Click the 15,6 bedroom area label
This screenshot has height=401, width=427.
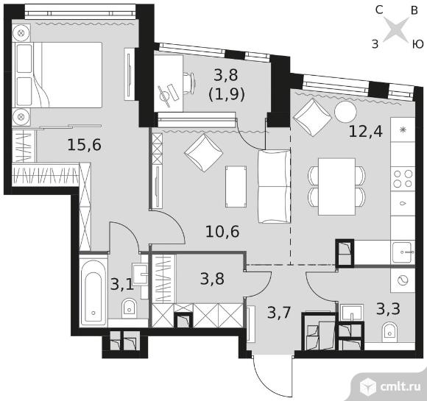[84, 145]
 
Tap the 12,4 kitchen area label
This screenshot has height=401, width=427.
[365, 132]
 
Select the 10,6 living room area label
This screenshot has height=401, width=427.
[222, 232]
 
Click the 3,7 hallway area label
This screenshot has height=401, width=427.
[280, 312]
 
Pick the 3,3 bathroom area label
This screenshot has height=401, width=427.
[388, 309]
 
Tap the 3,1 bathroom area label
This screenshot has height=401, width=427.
[121, 285]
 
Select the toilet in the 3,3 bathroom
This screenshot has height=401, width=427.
[390, 332]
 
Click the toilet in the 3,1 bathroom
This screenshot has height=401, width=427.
[129, 308]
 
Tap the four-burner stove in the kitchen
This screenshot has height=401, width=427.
[403, 178]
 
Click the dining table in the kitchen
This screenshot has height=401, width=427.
[336, 186]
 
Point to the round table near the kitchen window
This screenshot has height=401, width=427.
[345, 112]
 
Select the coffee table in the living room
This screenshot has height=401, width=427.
[236, 187]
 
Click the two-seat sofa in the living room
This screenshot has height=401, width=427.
[274, 186]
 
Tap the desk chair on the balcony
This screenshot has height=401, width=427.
[189, 82]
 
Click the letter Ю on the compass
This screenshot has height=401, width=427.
[417, 44]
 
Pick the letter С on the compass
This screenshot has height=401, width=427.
[379, 10]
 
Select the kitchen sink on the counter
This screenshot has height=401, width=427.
[403, 252]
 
